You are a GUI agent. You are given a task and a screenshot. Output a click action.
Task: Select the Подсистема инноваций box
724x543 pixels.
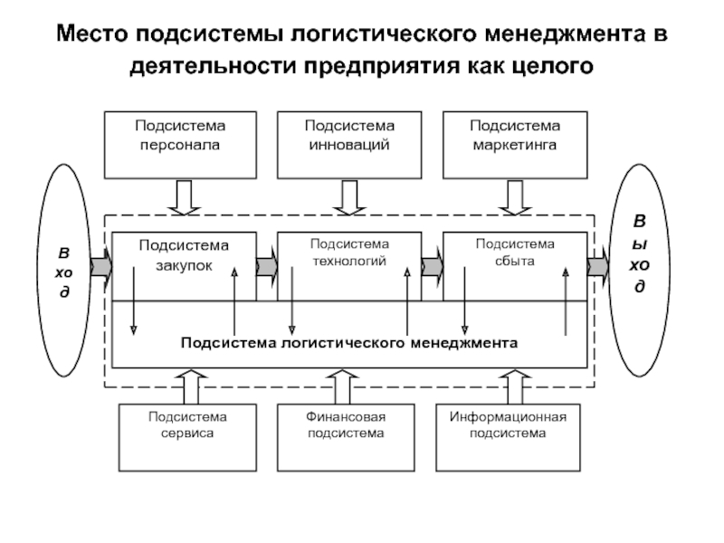349,145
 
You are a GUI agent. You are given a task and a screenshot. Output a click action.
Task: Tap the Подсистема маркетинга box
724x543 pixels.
514,145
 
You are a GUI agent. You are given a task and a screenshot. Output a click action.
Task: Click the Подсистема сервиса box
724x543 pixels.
187,437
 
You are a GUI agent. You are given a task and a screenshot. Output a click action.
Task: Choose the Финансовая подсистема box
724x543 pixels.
345,437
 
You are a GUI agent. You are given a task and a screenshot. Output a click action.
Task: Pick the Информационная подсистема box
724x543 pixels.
508,437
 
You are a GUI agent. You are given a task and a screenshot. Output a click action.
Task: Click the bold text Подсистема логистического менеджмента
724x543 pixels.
349,343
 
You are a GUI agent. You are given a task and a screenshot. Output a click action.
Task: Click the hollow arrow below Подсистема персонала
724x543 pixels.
184,196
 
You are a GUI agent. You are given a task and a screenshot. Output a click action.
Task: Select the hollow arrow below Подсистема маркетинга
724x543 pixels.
514,196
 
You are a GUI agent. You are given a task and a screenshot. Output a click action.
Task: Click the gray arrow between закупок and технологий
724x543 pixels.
267,266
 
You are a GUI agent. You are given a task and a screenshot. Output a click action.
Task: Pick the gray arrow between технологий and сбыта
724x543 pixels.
433,266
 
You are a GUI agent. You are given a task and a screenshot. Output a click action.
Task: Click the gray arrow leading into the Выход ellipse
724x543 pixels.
598,266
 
